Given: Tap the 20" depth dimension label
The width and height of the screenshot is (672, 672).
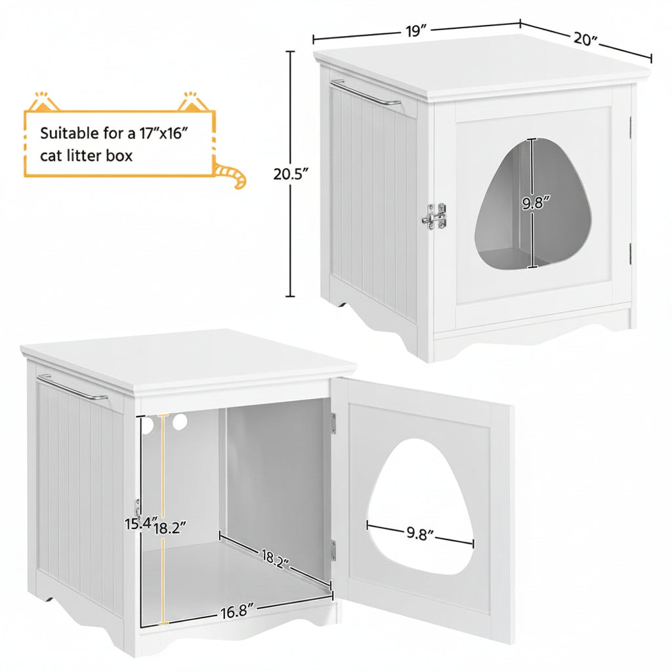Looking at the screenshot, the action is [x=585, y=39].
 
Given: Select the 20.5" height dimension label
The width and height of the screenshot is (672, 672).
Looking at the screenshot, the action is [x=291, y=175].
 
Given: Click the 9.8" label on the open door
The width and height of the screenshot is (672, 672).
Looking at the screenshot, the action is [x=420, y=533].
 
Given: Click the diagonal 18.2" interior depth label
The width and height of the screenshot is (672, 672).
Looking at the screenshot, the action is [x=276, y=559].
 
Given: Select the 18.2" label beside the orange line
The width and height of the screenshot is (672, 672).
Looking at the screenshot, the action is [x=170, y=528].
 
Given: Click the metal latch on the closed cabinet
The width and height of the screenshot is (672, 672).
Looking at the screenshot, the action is [x=434, y=216].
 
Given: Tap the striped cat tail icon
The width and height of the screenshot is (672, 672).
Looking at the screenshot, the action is [x=232, y=175].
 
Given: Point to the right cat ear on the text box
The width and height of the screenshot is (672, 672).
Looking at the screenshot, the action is [x=193, y=101].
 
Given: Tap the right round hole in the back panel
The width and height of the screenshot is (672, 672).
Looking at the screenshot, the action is [x=180, y=422].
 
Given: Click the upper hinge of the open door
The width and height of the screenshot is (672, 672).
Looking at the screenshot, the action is [x=333, y=423].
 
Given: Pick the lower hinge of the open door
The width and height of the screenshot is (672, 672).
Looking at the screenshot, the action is [x=333, y=551].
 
